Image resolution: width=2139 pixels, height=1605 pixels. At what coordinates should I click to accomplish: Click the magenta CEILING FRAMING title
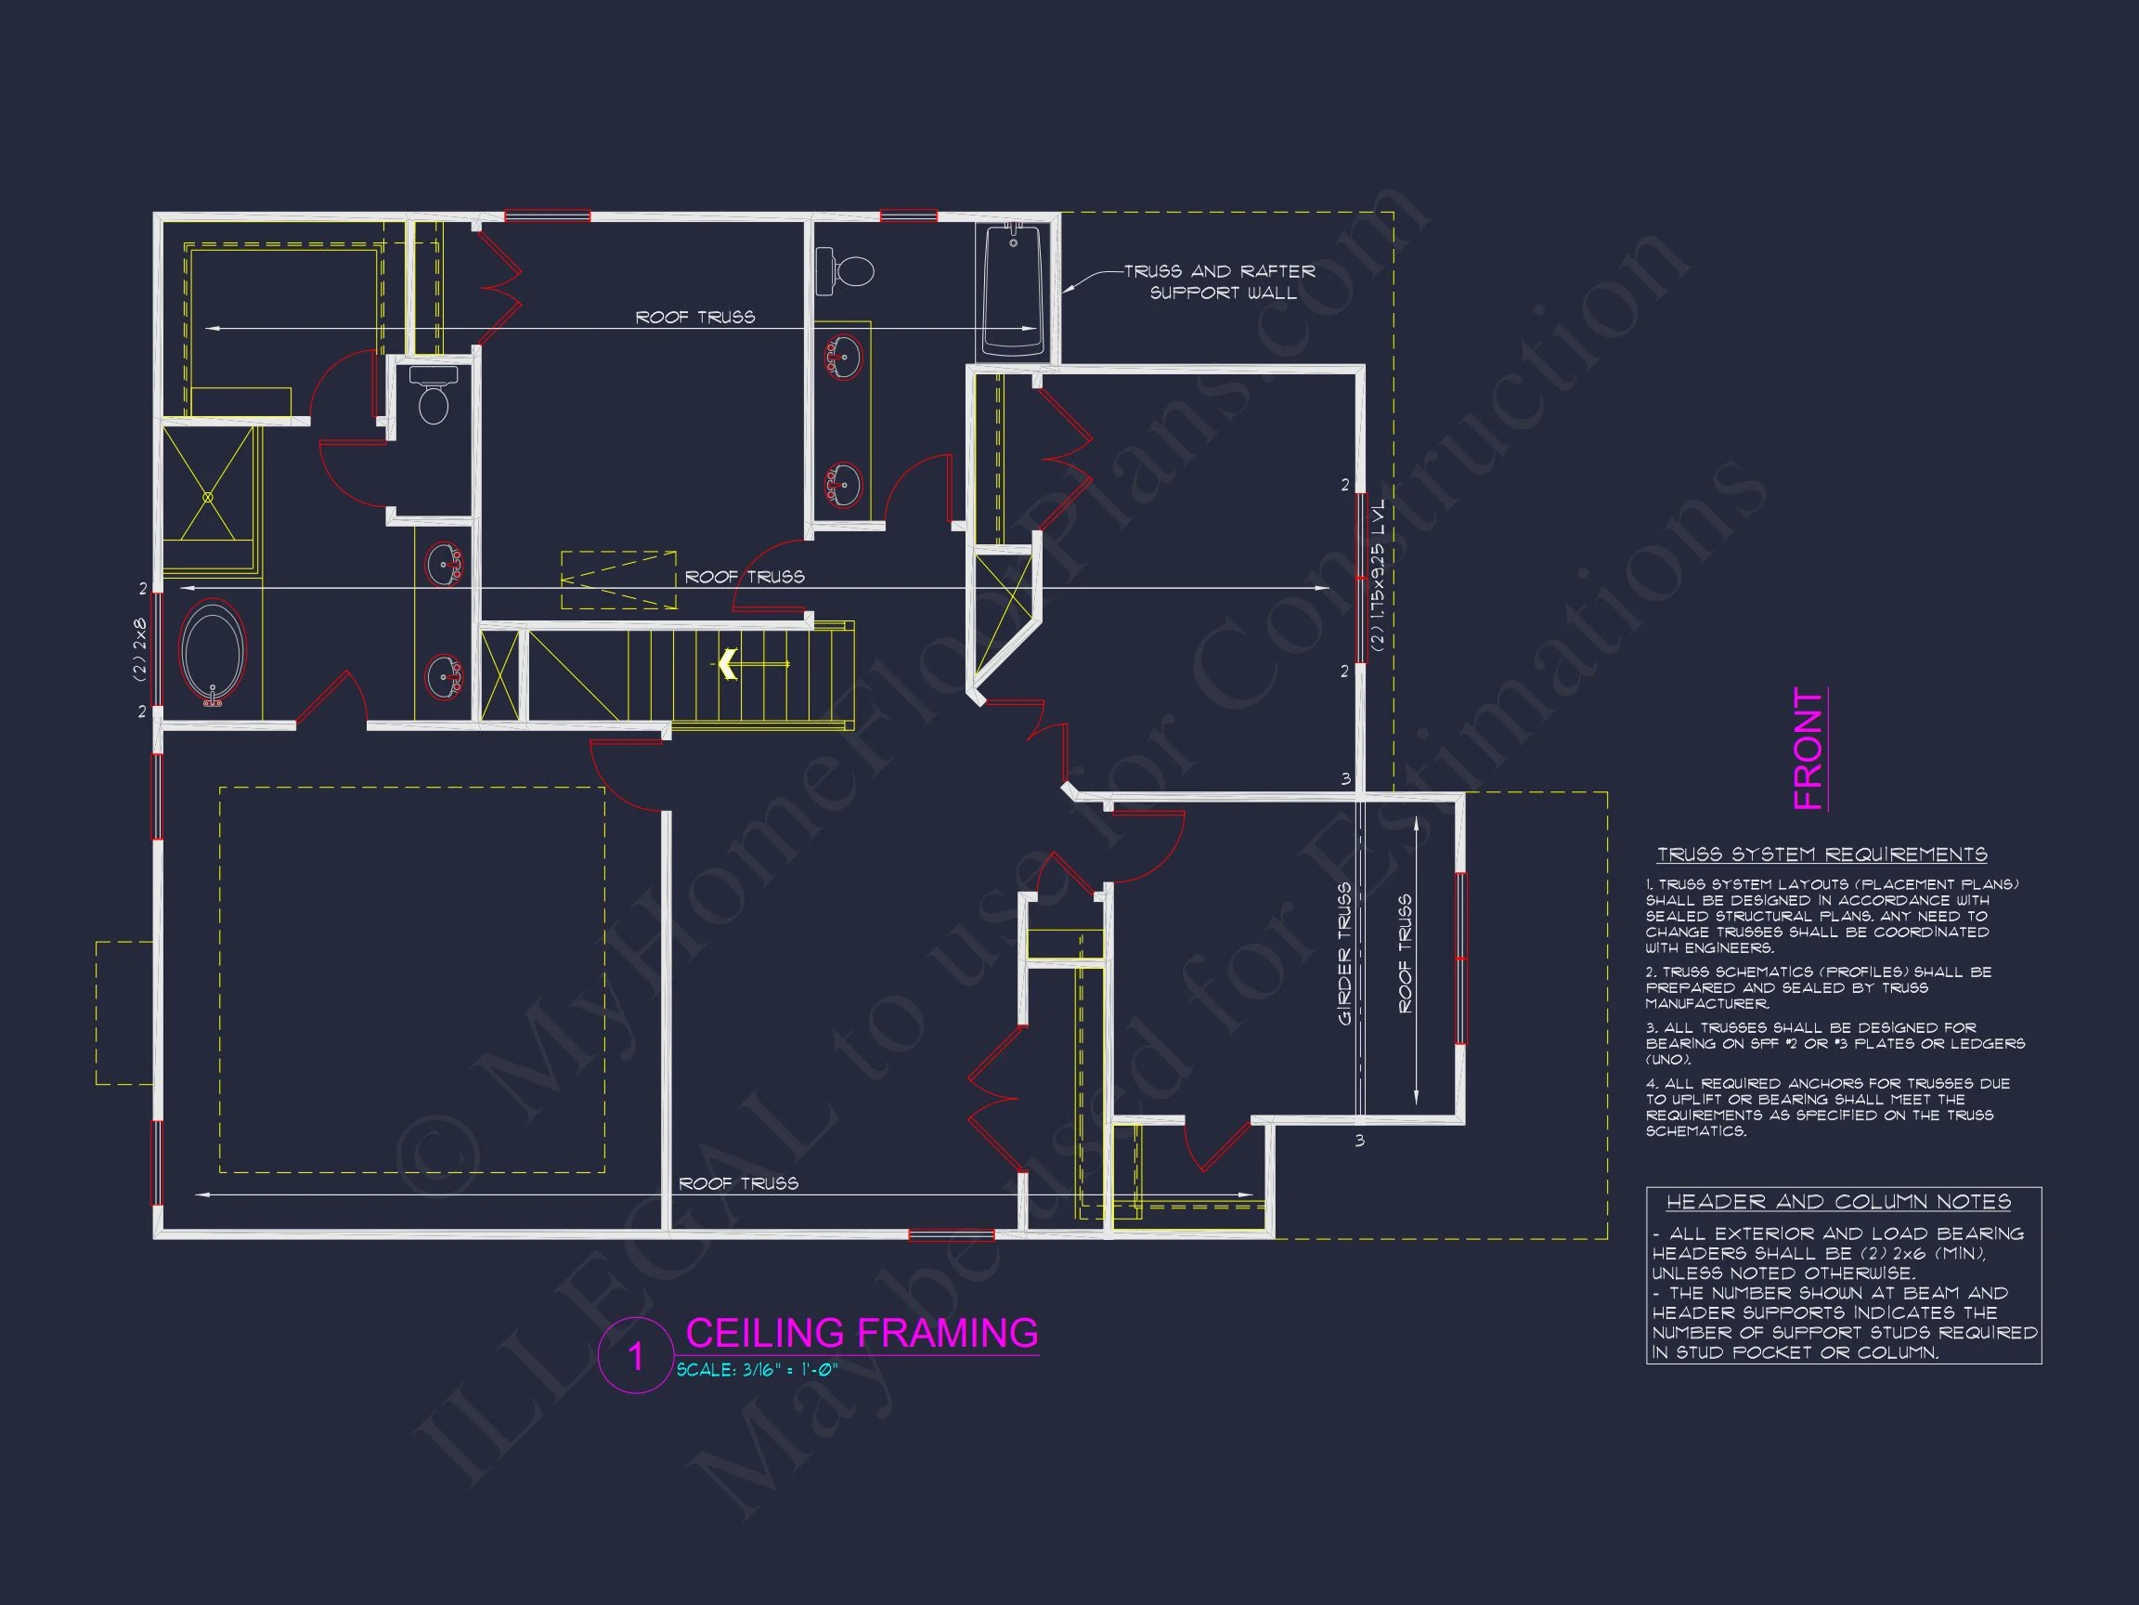(862, 1333)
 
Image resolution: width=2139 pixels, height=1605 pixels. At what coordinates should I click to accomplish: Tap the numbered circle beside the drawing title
(635, 1355)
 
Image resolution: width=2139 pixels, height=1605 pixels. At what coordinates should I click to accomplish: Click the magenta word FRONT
(1808, 748)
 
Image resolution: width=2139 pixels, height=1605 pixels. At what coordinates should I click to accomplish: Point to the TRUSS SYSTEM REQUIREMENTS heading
(1821, 855)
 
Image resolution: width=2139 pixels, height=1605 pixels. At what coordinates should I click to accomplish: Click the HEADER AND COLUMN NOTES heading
(1838, 1202)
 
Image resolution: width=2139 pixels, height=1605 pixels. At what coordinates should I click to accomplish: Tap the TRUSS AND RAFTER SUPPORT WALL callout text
(1220, 281)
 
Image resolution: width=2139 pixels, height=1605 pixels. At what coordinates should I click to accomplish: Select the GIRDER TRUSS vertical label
(1344, 954)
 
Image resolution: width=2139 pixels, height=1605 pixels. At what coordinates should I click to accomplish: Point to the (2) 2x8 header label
(139, 650)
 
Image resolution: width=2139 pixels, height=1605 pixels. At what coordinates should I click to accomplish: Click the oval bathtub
(213, 652)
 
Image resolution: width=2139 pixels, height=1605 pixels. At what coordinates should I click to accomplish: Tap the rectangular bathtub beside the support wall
(1014, 289)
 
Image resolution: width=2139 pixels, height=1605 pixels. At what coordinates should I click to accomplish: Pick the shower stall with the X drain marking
(208, 496)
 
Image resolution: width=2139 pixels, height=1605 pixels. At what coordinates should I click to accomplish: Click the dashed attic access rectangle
(619, 581)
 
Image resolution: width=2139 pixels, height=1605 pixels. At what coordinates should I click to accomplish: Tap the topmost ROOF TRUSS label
(695, 318)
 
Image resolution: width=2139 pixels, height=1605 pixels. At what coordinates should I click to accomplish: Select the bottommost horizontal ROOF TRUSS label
(739, 1183)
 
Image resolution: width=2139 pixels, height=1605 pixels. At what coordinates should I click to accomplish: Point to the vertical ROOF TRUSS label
(1405, 953)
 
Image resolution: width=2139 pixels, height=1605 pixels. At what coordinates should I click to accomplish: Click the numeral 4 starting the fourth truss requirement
(1651, 1084)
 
